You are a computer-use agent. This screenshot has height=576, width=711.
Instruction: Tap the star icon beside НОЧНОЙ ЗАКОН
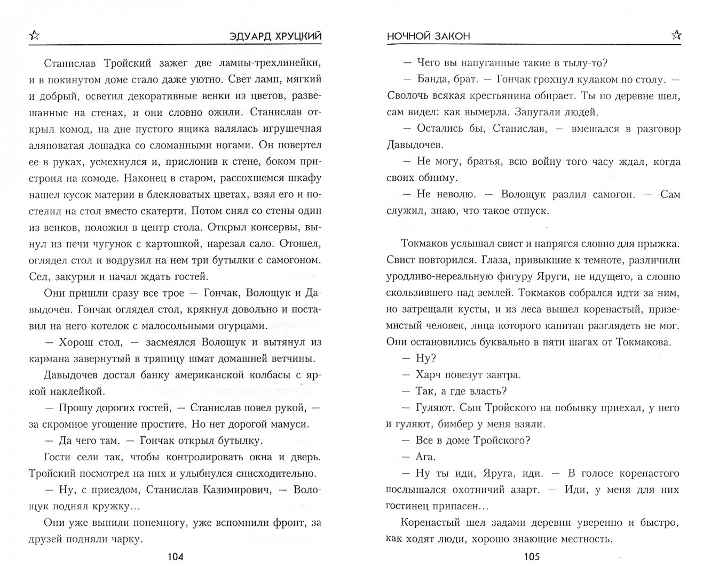click(x=676, y=35)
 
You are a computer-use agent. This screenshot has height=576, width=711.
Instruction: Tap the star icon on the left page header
click(x=34, y=36)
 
